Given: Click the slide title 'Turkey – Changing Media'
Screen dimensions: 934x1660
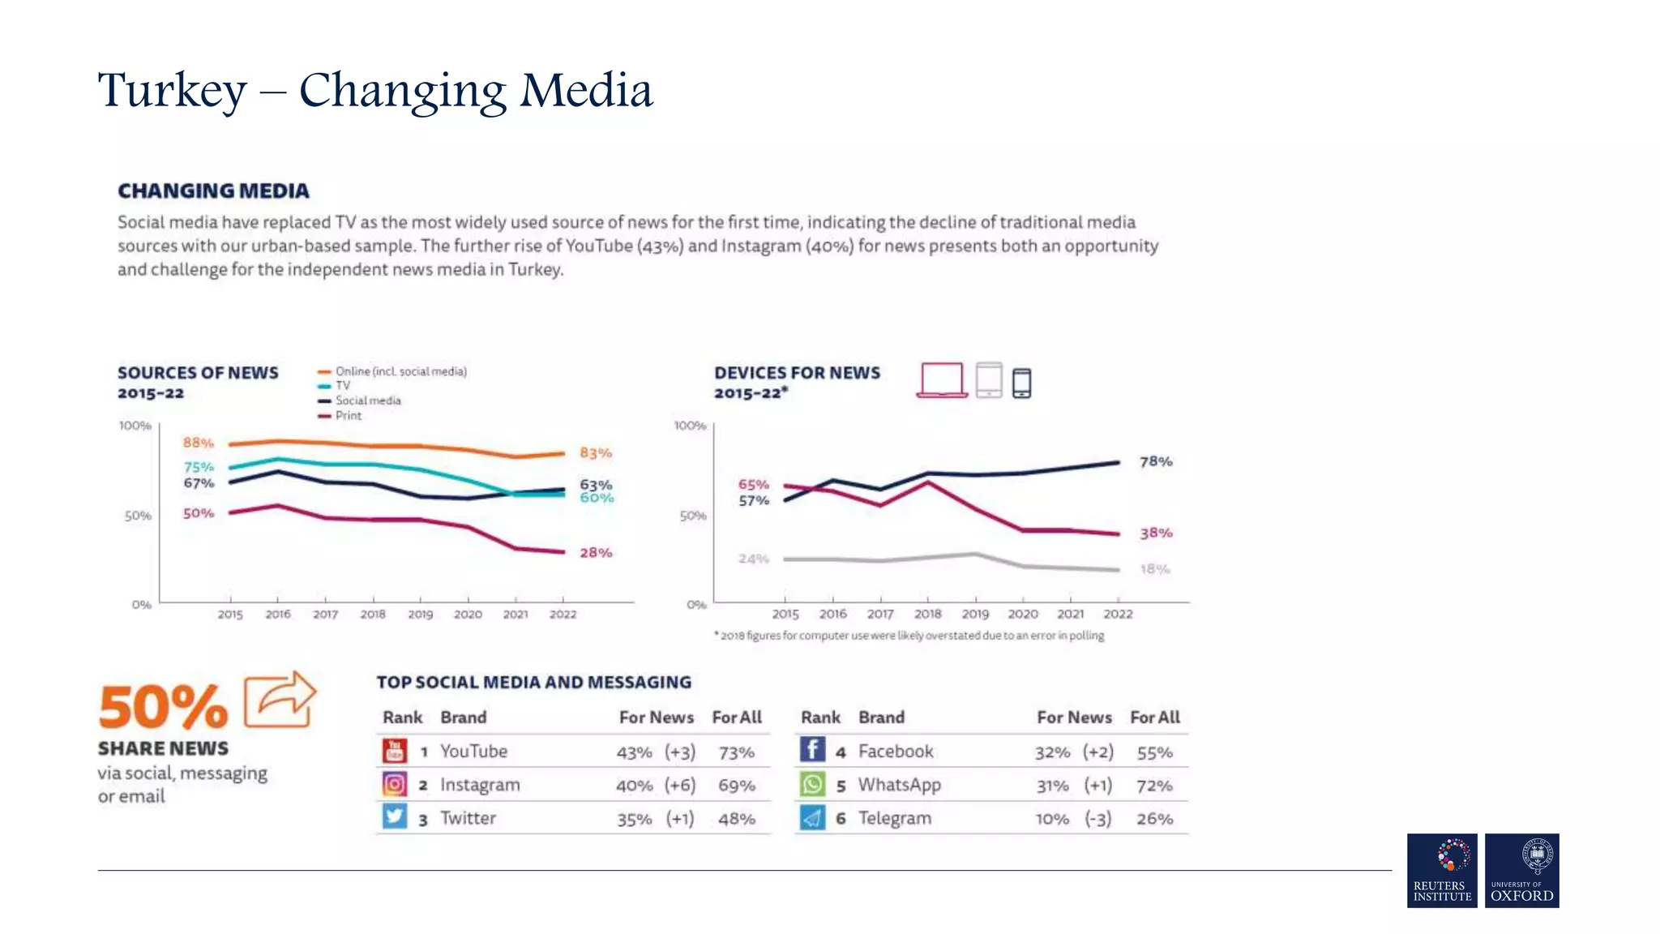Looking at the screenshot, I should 374,90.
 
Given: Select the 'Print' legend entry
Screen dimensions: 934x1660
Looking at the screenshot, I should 348,416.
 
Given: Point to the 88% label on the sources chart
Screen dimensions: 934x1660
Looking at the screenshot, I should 198,443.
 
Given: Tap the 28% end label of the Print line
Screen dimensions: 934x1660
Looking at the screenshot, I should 595,553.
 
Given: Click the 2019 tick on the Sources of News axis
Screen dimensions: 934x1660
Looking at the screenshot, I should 420,615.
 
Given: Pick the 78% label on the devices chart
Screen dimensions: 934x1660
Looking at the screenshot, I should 1155,461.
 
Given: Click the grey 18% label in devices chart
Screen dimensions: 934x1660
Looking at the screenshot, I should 1154,569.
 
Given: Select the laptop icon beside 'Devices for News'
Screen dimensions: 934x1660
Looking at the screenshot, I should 942,380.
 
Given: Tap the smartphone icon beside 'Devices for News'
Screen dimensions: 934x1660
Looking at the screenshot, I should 1021,383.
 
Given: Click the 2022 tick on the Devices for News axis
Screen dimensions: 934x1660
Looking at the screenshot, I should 1118,615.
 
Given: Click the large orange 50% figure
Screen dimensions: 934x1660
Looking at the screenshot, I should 163,707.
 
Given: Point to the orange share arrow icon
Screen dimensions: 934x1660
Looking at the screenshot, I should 280,699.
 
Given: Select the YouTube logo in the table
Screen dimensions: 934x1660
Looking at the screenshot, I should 395,751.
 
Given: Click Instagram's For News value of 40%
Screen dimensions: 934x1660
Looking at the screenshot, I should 634,786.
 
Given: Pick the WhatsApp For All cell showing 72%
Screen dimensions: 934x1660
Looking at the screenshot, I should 1154,786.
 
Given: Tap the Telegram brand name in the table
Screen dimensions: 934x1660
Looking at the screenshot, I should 895,818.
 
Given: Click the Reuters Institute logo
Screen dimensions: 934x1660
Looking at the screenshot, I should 1441,870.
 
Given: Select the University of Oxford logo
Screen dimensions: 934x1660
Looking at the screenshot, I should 1521,870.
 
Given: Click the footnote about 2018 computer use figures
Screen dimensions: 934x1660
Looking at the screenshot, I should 909,636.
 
